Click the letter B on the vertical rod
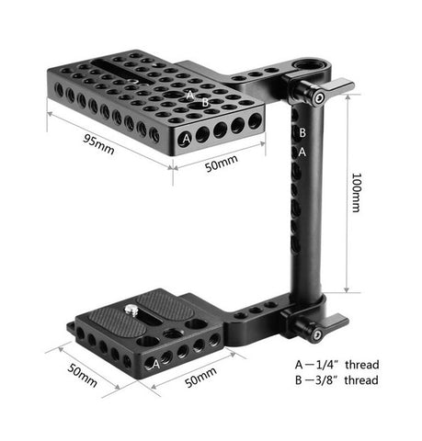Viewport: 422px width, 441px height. click(302, 133)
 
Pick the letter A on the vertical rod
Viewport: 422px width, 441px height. click(302, 153)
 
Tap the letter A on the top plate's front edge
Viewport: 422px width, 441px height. click(188, 139)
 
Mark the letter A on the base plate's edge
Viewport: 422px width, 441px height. click(155, 364)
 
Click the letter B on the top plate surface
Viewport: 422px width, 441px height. click(204, 102)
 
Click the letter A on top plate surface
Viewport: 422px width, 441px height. click(190, 95)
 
